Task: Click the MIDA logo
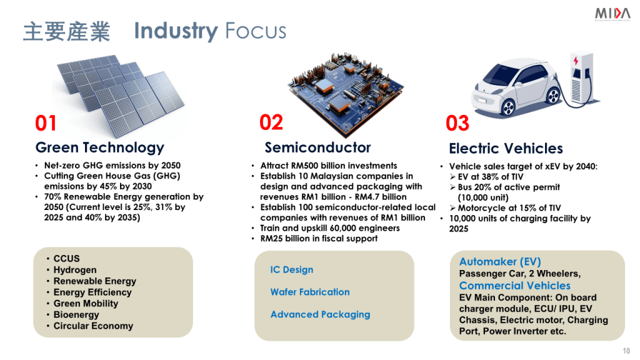(x=612, y=14)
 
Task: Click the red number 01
(x=46, y=123)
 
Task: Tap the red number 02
(x=271, y=122)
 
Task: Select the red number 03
(x=457, y=123)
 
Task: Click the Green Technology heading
(x=100, y=147)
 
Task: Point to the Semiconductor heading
(x=317, y=147)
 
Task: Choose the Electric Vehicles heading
(x=506, y=149)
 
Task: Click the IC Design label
(x=292, y=270)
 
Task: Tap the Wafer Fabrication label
(x=310, y=292)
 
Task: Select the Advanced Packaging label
(x=321, y=315)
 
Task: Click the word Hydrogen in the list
(x=75, y=270)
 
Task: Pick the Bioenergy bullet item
(x=76, y=315)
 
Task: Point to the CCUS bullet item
(x=66, y=259)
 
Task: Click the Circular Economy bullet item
(x=94, y=326)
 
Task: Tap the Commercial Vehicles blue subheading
(x=515, y=286)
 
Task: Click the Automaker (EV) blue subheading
(x=500, y=262)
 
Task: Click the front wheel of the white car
(x=507, y=107)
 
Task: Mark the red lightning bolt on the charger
(x=576, y=61)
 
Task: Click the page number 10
(x=626, y=351)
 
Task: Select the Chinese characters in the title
(x=66, y=32)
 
